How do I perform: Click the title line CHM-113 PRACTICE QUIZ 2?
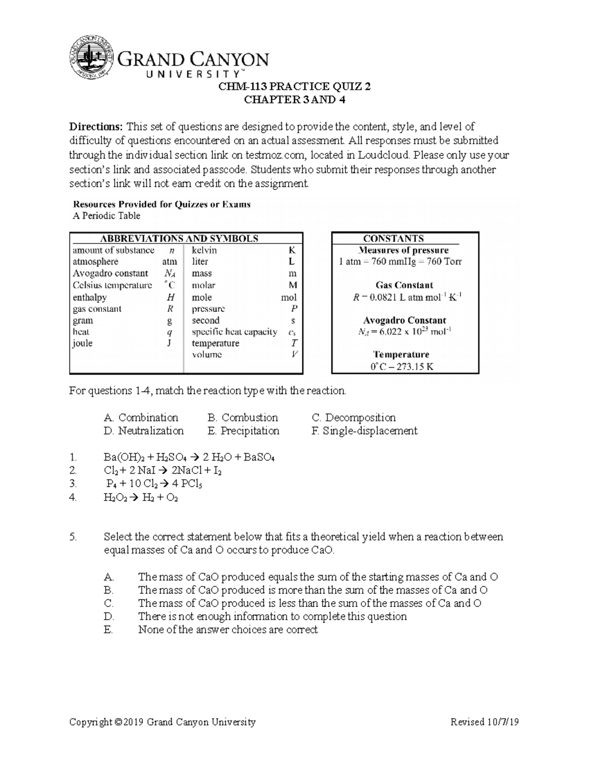294,87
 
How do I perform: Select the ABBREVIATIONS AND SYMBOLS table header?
179,238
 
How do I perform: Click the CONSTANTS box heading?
393,238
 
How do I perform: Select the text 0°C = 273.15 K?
402,367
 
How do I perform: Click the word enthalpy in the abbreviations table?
90,297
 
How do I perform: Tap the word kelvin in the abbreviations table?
204,250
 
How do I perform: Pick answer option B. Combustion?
242,418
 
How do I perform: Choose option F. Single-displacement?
364,431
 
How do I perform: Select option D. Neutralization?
144,431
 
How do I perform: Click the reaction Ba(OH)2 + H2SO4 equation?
189,457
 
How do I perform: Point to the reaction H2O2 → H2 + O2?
141,498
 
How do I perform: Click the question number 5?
74,537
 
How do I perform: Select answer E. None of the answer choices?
228,630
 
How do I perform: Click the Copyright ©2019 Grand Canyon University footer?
162,722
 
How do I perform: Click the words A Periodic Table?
107,216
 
